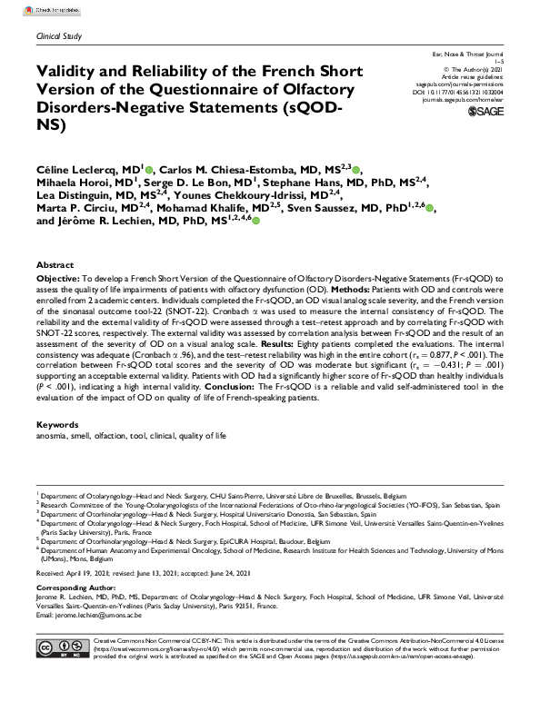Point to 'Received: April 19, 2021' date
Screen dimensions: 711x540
[x=72, y=572]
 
